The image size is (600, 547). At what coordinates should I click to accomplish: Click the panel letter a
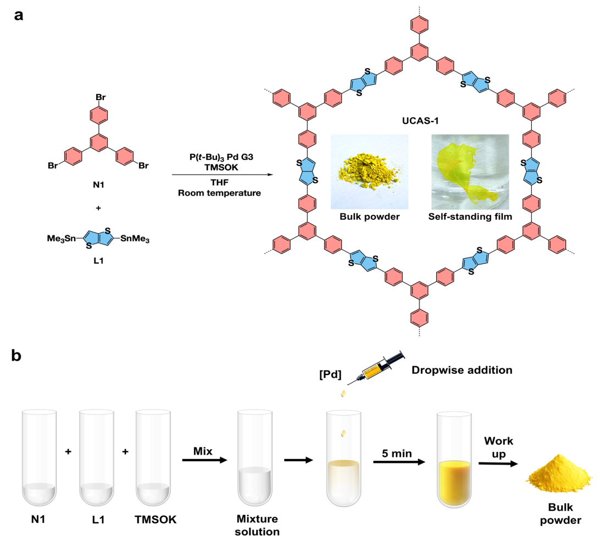click(18, 16)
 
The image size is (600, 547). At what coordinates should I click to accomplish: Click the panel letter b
click(16, 355)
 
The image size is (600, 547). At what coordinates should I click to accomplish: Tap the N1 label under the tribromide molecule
click(98, 185)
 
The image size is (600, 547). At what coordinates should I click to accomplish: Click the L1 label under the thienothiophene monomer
click(98, 261)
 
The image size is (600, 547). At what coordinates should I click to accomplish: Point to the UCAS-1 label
click(420, 121)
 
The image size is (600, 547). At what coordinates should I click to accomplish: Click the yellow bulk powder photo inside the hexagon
click(369, 172)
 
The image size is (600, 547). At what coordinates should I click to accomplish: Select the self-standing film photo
click(470, 172)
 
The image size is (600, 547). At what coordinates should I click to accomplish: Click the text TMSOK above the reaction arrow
click(221, 167)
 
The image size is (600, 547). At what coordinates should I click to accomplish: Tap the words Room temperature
click(219, 193)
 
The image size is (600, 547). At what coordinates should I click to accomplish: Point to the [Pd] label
click(330, 374)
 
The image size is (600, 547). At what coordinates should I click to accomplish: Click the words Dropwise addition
click(462, 370)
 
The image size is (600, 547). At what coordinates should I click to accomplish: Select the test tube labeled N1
click(39, 458)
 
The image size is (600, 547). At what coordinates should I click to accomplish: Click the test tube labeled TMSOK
click(153, 458)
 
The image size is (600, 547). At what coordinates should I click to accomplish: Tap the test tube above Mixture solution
click(255, 458)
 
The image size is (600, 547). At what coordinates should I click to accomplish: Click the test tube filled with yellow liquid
click(454, 460)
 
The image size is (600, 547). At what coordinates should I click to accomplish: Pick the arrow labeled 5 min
click(399, 462)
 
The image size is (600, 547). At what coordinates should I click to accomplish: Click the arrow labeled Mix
click(205, 460)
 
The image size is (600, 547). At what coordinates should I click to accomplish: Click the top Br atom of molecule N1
click(101, 97)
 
